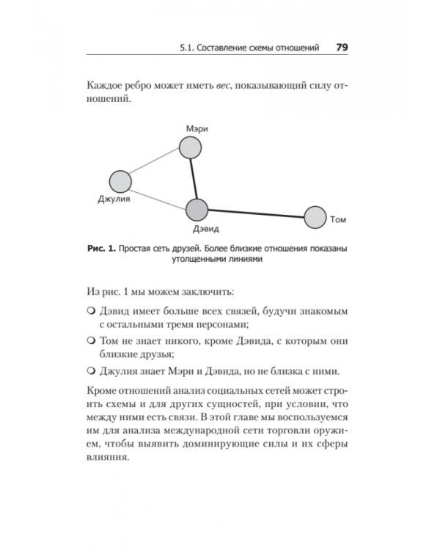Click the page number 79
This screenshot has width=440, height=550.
click(341, 48)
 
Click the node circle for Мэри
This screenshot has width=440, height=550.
click(191, 148)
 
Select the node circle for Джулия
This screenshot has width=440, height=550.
click(120, 181)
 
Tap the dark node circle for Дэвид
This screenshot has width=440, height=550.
click(197, 210)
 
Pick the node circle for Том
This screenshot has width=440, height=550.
click(315, 218)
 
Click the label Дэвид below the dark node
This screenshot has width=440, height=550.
click(197, 230)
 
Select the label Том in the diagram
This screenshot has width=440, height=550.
click(338, 219)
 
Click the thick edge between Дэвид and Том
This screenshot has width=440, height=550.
click(257, 214)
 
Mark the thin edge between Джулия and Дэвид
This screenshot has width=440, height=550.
click(158, 196)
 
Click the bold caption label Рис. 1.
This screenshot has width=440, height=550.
click(101, 249)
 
